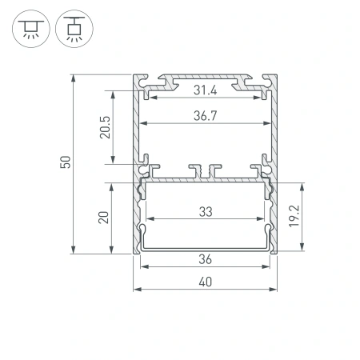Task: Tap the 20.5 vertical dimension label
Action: [x=104, y=126]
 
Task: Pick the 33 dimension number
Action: [x=205, y=212]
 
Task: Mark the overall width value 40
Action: [x=205, y=282]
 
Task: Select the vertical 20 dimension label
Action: [x=104, y=218]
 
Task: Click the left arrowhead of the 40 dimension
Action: [x=135, y=290]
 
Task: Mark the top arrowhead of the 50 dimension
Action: [x=74, y=78]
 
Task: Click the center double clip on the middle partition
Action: [x=205, y=171]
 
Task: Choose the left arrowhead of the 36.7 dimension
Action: [x=143, y=125]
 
